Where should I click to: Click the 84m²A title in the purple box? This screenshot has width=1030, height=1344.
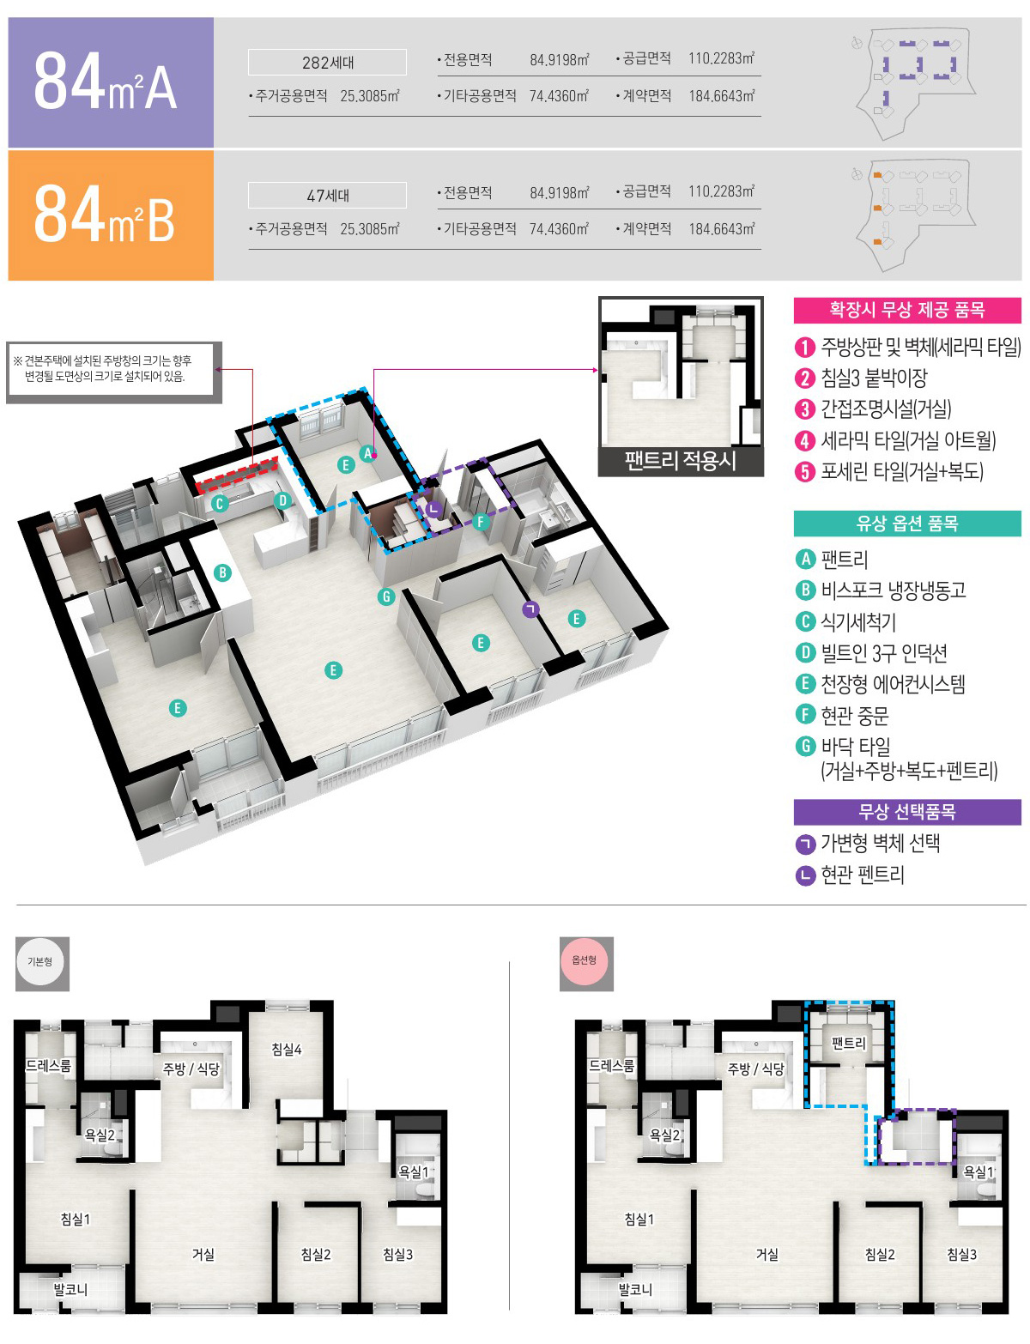(106, 81)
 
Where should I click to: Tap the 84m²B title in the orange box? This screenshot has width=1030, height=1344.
(104, 214)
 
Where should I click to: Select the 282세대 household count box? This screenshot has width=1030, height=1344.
(327, 63)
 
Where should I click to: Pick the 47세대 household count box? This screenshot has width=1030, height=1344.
(327, 196)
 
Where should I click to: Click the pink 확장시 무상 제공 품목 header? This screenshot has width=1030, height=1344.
(907, 311)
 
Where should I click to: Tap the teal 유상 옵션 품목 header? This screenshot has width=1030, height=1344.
(907, 524)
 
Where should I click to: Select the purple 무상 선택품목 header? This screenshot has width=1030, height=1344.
(907, 812)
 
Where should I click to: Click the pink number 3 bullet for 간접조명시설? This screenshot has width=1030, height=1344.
(804, 409)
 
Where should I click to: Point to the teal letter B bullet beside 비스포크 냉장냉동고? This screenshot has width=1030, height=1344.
(805, 590)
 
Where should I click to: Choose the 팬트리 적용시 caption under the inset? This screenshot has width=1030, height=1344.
(681, 462)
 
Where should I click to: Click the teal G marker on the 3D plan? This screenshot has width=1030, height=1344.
(386, 596)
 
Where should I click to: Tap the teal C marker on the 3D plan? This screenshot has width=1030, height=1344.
(219, 504)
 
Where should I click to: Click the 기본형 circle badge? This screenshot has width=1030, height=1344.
(40, 962)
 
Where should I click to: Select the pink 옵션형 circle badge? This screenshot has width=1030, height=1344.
(584, 960)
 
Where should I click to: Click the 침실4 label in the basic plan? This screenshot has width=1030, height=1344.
(287, 1050)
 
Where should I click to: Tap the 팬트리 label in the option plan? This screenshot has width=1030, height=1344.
(849, 1044)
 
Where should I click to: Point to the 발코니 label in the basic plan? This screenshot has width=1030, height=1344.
(70, 1290)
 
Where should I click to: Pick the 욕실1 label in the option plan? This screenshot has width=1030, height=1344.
(978, 1172)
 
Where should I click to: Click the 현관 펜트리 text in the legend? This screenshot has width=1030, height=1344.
(863, 875)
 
